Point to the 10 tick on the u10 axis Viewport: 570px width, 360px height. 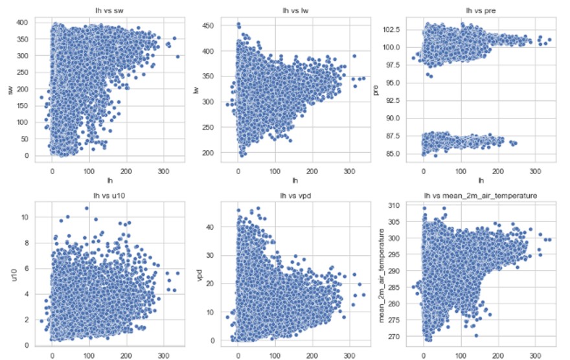click(23, 217)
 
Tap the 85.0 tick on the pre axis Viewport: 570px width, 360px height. click(393, 153)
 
